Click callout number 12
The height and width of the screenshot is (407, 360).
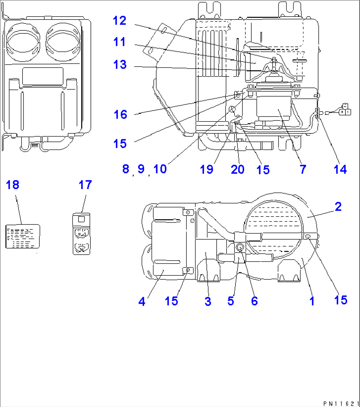[120, 21]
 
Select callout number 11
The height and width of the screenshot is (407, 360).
[120, 42]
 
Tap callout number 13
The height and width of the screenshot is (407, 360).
[120, 65]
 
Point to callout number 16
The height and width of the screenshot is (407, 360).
[120, 115]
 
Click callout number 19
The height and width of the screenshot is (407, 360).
[206, 169]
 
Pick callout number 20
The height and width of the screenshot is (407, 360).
[237, 169]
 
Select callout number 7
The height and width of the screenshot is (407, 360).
[303, 169]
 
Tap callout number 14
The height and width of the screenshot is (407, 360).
[340, 169]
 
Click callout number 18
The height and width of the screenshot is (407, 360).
[13, 185]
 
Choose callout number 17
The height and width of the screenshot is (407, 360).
[85, 185]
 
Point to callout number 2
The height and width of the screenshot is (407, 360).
[338, 207]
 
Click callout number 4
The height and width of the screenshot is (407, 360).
[142, 301]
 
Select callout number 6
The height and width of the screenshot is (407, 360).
[254, 301]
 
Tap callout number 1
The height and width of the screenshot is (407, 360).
[312, 301]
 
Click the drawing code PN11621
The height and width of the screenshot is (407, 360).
[341, 403]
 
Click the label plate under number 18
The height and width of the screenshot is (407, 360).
[23, 236]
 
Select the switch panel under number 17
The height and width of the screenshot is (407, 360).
[81, 234]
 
